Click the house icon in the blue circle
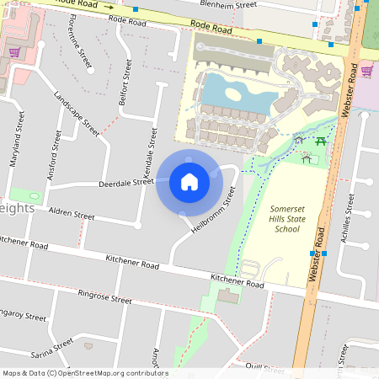pyautogui.click(x=189, y=181)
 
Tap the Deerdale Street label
pyautogui.click(x=126, y=182)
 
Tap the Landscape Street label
pyautogui.click(x=75, y=113)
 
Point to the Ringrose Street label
pyautogui.click(x=104, y=297)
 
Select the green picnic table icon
pyautogui.click(x=320, y=141)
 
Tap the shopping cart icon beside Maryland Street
pyautogui.click(x=14, y=52)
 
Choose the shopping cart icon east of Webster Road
pyautogui.click(x=366, y=71)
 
